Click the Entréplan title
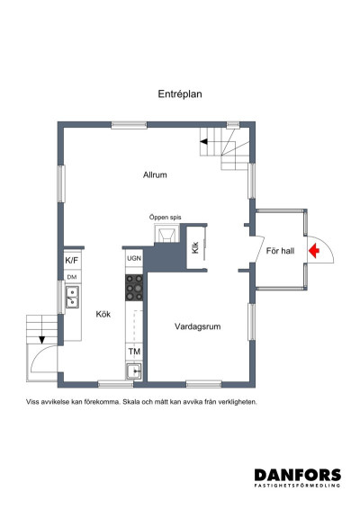pos(180,94)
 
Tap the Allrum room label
pos(155,175)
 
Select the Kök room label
pos(103,314)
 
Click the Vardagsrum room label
pos(197,326)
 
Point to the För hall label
pos(280,251)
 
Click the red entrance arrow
pos(314,251)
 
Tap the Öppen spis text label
pos(165,218)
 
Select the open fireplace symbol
pos(167,233)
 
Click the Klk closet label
pos(195,248)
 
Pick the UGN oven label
pos(134,258)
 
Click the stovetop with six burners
pos(134,288)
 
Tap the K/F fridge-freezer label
pos(72,260)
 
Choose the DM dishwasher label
pos(72,277)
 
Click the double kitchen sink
pos(72,297)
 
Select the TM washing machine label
pos(134,352)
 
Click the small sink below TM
pos(134,371)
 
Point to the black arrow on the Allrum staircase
pos(203,141)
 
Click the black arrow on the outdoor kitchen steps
pos(42,340)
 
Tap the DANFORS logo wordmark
pos(298,475)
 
